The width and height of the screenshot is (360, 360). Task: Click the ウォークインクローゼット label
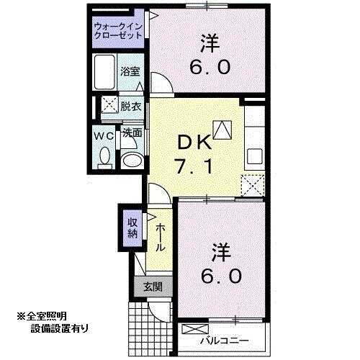click(119, 32)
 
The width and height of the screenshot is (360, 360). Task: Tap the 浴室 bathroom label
click(131, 72)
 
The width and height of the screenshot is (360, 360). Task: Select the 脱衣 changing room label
click(131, 105)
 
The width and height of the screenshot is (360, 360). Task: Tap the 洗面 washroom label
click(131, 133)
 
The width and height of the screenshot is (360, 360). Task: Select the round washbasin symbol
click(130, 159)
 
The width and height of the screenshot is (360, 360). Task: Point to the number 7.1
click(191, 169)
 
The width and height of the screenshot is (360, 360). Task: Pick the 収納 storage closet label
click(132, 228)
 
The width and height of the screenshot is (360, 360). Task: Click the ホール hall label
click(159, 236)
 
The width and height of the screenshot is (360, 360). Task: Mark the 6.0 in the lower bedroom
click(222, 276)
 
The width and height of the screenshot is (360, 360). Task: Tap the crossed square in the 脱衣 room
click(110, 104)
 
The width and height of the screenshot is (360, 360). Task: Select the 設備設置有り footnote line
click(60, 329)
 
